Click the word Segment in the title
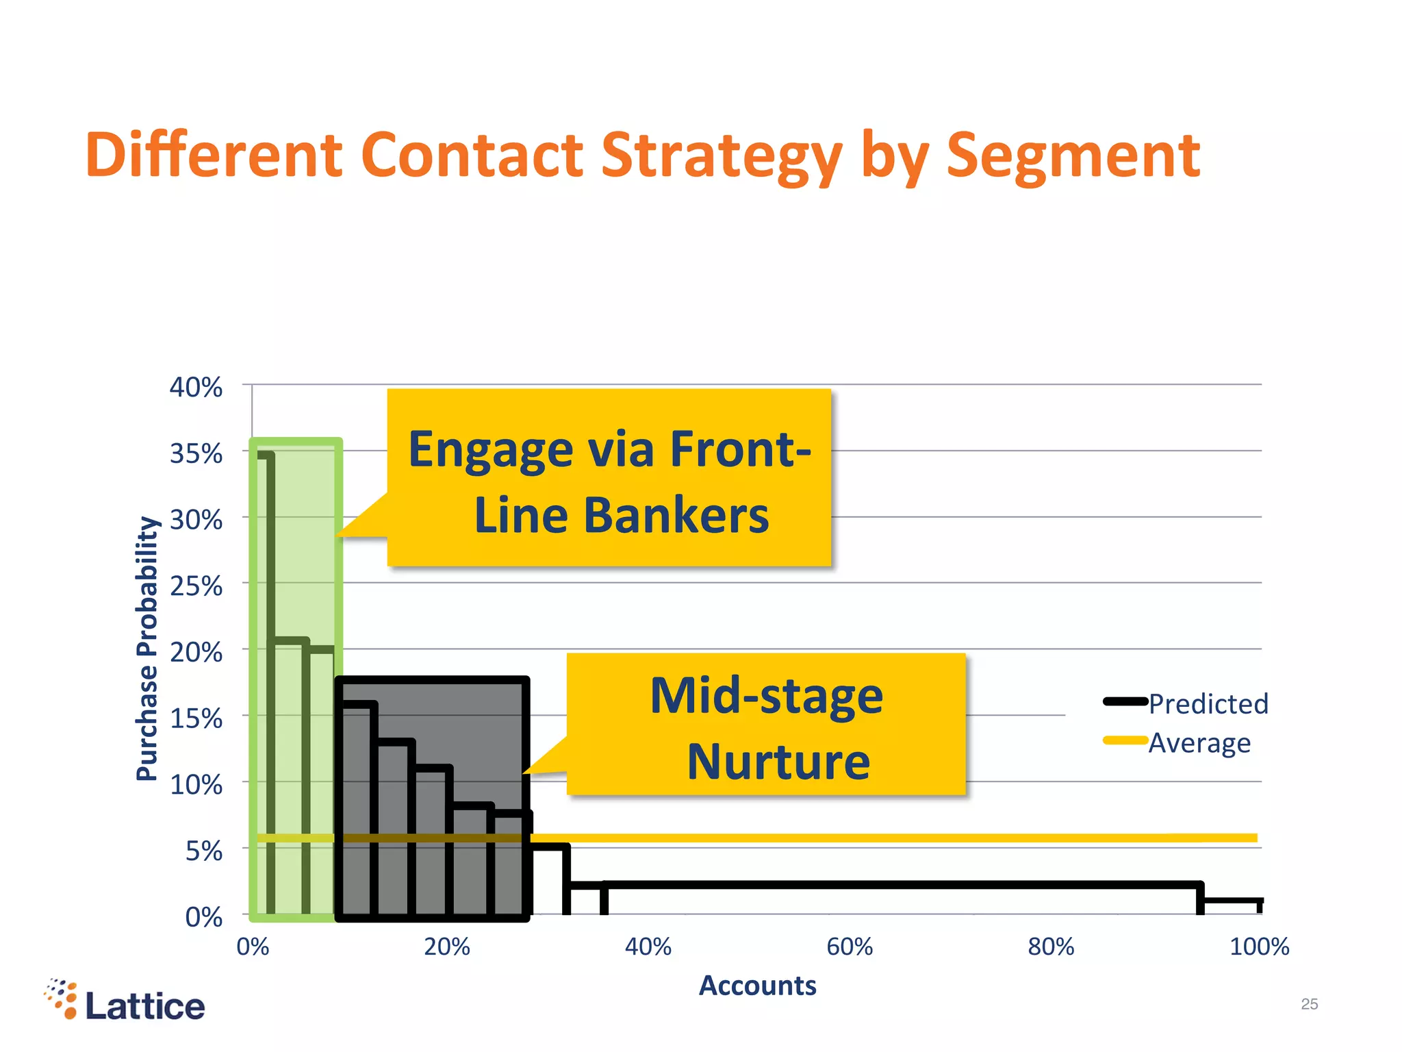click(x=1073, y=156)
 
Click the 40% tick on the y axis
click(x=196, y=388)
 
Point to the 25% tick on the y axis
click(x=196, y=586)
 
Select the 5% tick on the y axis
click(x=203, y=851)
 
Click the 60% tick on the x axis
click(x=850, y=947)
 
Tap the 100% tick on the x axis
click(x=1259, y=947)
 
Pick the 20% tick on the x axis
click(x=446, y=947)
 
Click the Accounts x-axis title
click(x=757, y=986)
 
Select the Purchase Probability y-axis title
click(x=147, y=648)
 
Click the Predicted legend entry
click(x=1208, y=703)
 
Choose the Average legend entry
click(x=1199, y=742)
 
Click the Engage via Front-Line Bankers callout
click(x=609, y=477)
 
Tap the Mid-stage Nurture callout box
click(x=766, y=725)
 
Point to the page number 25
click(x=1309, y=1004)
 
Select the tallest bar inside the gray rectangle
click(x=357, y=808)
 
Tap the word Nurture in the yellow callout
click(x=778, y=761)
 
